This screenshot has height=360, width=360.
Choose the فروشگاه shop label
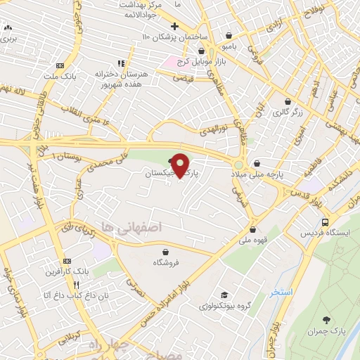pyautogui.click(x=166, y=262)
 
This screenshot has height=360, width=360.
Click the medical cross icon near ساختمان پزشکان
pyautogui.click(x=174, y=26)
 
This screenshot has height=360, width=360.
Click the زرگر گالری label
pyautogui.click(x=288, y=112)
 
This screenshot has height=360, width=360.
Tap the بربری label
pyautogui.click(x=8, y=39)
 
